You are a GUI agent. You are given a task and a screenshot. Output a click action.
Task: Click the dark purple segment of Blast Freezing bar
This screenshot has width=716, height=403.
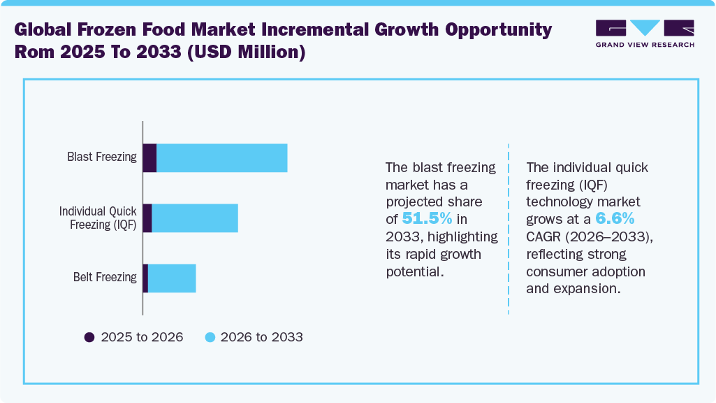click(x=149, y=157)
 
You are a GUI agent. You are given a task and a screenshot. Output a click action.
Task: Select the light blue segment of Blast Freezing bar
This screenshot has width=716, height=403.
click(x=222, y=157)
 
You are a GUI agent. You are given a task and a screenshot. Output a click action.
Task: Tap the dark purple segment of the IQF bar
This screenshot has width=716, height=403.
click(x=147, y=218)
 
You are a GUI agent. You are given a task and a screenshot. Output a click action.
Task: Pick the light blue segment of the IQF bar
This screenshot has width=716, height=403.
click(x=195, y=218)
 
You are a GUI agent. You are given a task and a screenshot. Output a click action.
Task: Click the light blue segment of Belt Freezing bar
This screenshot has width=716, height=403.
click(x=172, y=278)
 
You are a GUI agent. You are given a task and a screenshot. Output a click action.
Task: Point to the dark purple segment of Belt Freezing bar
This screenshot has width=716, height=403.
click(x=145, y=278)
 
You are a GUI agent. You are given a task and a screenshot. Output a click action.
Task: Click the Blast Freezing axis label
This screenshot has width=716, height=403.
click(x=102, y=157)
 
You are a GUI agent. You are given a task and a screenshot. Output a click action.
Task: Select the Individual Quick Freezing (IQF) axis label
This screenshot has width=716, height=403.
click(x=98, y=218)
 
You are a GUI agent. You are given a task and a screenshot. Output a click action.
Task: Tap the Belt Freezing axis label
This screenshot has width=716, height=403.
click(x=105, y=277)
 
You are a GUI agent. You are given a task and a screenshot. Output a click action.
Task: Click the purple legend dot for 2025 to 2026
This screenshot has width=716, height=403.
click(x=89, y=337)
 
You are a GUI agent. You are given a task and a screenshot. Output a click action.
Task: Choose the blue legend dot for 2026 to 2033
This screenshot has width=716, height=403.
click(x=210, y=337)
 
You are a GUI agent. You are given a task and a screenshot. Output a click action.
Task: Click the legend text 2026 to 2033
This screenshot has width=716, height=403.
click(x=262, y=337)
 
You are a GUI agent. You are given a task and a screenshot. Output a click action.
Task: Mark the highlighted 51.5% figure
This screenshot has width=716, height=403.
click(x=427, y=218)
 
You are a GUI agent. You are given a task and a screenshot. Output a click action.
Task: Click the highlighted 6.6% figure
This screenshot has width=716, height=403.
click(x=615, y=218)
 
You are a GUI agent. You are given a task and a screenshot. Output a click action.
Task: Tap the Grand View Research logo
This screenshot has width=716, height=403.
click(x=645, y=34)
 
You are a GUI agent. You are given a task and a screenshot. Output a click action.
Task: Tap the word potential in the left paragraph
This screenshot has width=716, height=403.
click(x=414, y=271)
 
